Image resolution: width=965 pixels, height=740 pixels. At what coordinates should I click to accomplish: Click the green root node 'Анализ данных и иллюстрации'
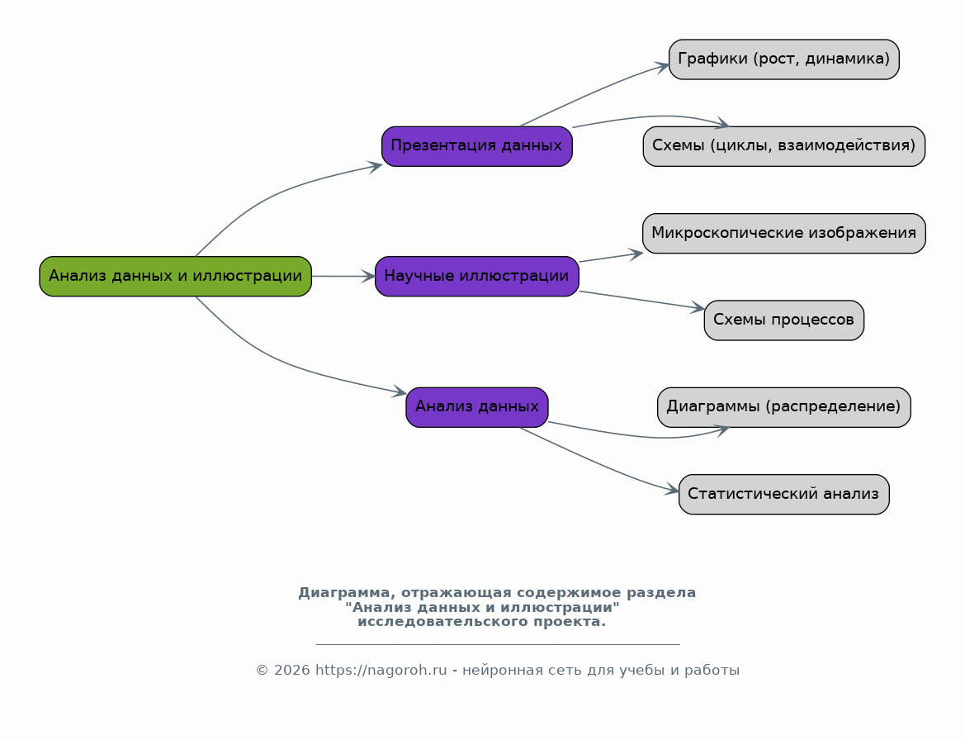coord(175,277)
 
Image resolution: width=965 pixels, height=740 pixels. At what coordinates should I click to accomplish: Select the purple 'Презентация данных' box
coord(477,146)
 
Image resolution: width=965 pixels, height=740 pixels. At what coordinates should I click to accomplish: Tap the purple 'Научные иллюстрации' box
coord(477,277)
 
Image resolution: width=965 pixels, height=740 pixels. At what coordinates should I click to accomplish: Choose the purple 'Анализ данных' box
coord(477,407)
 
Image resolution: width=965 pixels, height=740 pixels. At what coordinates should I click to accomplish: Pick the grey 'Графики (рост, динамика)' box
coord(784,59)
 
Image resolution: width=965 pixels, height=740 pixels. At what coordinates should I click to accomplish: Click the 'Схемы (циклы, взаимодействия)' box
coord(784,146)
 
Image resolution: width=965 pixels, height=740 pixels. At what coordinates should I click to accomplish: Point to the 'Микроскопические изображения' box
coord(784,234)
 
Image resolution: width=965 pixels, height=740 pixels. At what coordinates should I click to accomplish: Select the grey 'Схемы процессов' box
coord(784,320)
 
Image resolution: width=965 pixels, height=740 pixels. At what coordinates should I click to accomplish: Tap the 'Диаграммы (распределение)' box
coord(784,407)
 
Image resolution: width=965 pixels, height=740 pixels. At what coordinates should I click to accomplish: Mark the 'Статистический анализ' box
coord(784,495)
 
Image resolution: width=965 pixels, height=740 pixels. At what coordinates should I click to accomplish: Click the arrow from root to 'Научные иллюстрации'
coord(343,277)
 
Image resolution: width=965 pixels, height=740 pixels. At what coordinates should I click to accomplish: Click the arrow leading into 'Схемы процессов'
coord(642,300)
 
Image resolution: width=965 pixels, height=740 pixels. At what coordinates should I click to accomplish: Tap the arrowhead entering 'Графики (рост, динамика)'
coord(662,66)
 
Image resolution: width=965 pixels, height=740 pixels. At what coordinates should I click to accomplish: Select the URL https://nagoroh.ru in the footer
coord(381,671)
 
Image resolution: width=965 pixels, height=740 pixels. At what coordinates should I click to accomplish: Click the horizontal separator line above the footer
coord(498,644)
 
